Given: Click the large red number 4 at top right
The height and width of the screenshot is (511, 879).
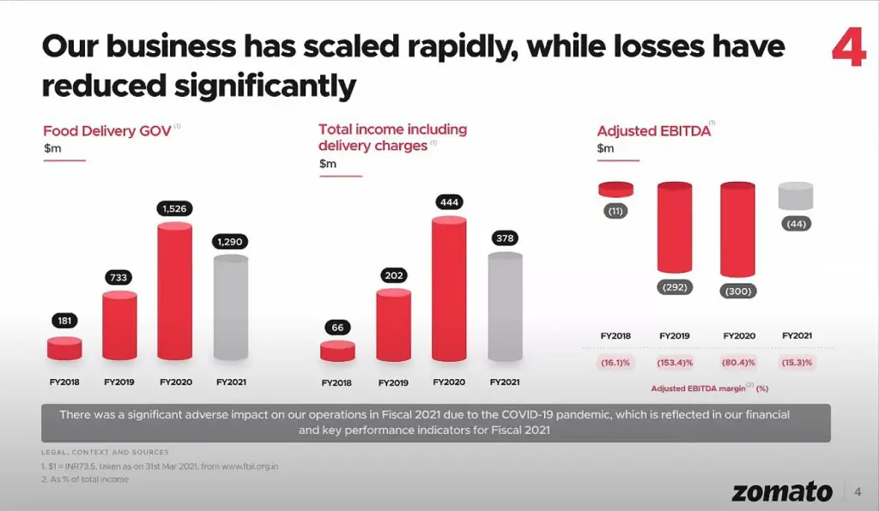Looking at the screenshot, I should [x=848, y=46].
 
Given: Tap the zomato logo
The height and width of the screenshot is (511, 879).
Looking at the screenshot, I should [x=782, y=491].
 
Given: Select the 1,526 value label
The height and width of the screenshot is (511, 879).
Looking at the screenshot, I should [x=175, y=208].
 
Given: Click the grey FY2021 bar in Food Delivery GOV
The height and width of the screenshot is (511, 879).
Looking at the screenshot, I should [x=230, y=309].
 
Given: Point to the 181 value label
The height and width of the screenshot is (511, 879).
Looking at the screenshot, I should [x=64, y=321].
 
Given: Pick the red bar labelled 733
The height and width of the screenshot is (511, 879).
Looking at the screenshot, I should [x=119, y=326].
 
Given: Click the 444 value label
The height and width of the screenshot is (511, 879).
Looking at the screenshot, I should [x=449, y=202].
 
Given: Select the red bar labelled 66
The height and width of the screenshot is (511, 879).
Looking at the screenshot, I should [x=337, y=351].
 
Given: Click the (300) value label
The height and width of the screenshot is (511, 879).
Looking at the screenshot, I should [x=737, y=292].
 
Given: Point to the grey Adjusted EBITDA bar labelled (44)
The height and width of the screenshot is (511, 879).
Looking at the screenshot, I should [x=795, y=196].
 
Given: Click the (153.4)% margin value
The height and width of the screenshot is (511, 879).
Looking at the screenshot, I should [x=675, y=363].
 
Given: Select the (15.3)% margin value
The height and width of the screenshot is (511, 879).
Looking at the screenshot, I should [x=795, y=363].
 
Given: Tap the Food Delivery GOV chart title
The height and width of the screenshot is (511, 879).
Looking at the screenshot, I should [x=107, y=132].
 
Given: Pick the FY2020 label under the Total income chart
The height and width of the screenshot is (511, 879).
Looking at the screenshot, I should [x=449, y=382].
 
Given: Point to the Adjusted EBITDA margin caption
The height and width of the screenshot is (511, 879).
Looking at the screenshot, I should [x=708, y=388].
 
